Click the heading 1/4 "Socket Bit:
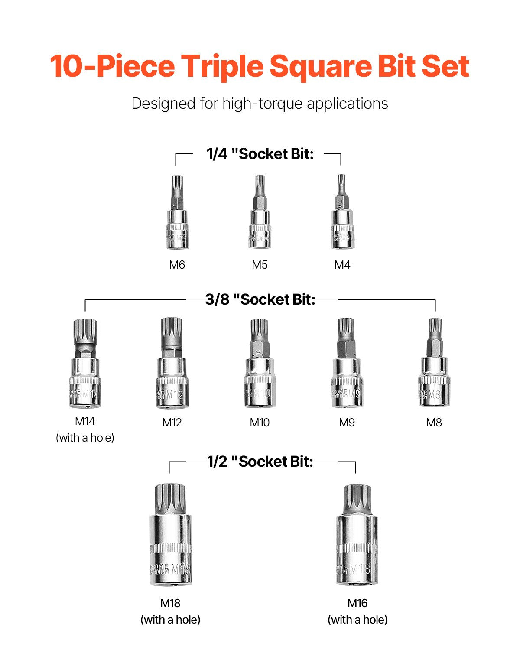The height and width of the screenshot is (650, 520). pyautogui.click(x=260, y=154)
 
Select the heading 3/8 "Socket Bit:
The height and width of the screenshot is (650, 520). pyautogui.click(x=260, y=299)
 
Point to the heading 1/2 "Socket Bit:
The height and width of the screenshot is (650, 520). pyautogui.click(x=260, y=461)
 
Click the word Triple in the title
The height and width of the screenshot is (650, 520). pyautogui.click(x=221, y=66)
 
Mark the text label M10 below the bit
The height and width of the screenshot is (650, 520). pyautogui.click(x=260, y=422)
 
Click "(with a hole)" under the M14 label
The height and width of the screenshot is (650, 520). pyautogui.click(x=85, y=438)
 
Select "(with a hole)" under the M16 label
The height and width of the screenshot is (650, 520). pyautogui.click(x=357, y=620)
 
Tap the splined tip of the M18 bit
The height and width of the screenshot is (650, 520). pyautogui.click(x=170, y=498)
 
